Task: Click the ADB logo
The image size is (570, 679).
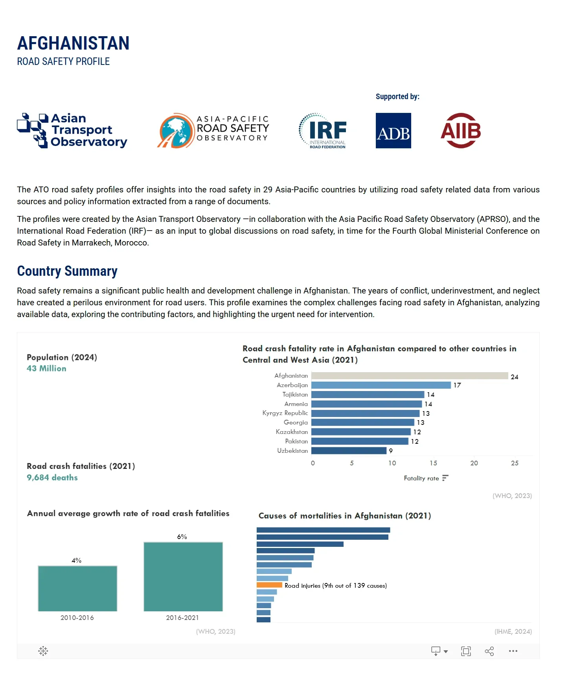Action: point(393,131)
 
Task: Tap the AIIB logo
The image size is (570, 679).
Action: point(461,131)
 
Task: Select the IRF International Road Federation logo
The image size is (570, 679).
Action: point(323,131)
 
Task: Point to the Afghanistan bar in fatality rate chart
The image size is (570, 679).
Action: point(409,376)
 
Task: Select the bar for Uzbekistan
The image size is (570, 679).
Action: point(349,451)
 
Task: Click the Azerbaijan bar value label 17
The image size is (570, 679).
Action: point(457,386)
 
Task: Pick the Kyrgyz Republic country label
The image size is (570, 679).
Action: point(285,413)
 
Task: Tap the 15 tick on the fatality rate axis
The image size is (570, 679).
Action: point(433,463)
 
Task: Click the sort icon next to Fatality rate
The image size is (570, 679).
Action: point(445,478)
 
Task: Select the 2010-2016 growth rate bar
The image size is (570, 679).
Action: point(77,589)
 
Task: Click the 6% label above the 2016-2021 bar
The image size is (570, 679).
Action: point(182,537)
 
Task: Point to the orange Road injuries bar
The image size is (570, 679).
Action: point(269,585)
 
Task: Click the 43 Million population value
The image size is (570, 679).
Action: point(46,369)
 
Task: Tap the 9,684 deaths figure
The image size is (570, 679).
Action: point(52,478)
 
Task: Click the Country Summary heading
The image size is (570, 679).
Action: point(67,271)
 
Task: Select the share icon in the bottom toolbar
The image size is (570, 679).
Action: point(489,651)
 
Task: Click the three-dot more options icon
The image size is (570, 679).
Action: point(513,651)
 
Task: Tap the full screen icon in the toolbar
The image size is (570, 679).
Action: point(466,651)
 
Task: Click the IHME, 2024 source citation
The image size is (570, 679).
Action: point(513,631)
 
